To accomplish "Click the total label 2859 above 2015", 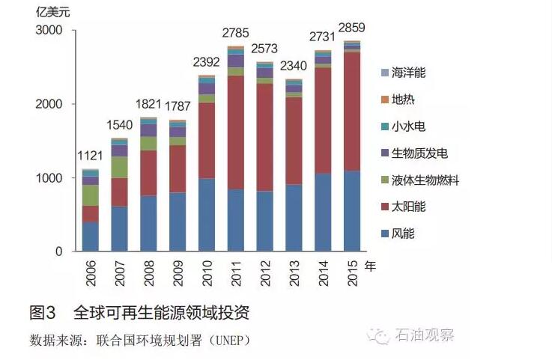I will (x=351, y=28).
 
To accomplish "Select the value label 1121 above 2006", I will (x=90, y=156).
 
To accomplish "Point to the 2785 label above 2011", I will (x=235, y=32).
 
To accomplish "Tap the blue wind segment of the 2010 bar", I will (x=207, y=215).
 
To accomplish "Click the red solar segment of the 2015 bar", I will (x=352, y=112).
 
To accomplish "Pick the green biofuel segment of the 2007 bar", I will (x=119, y=167).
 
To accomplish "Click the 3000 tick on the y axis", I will (x=51, y=31).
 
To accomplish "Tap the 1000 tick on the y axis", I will (x=51, y=178).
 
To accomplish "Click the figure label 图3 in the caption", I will (x=43, y=312).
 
